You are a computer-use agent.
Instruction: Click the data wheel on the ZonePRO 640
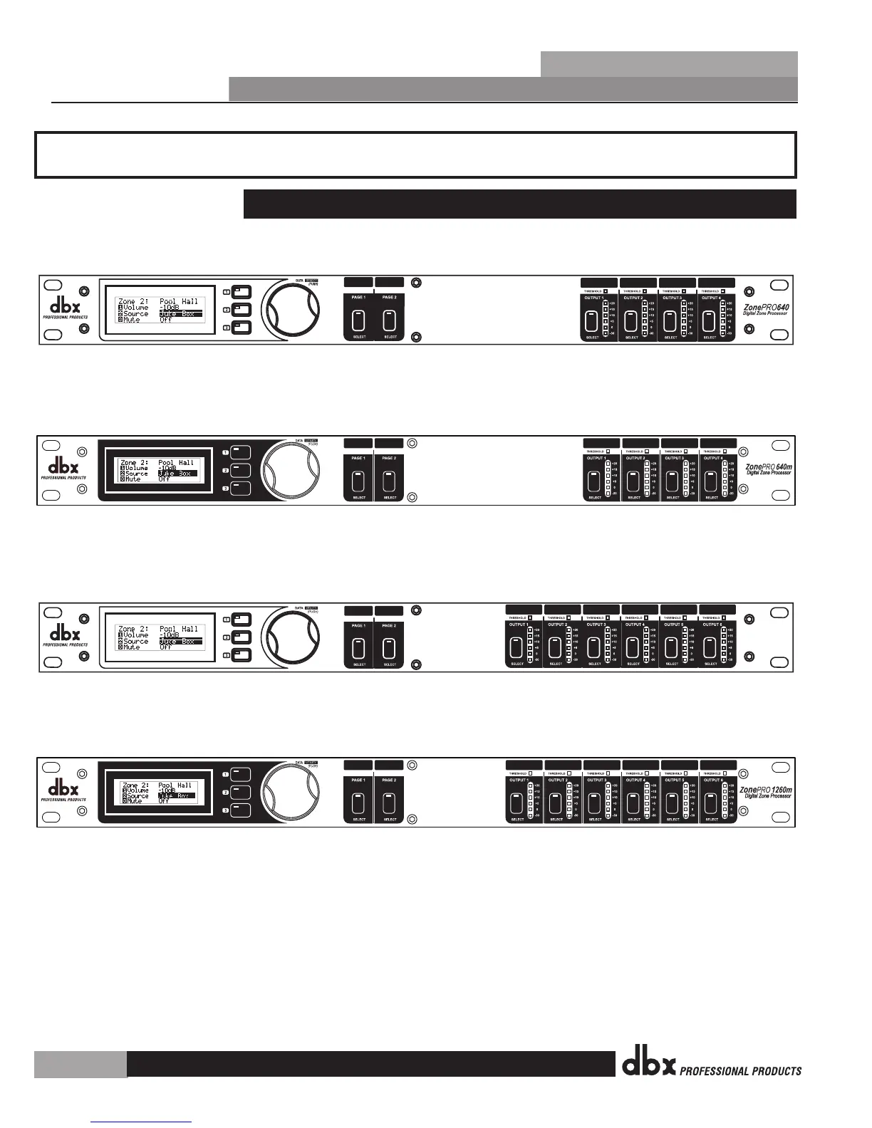coord(291,309)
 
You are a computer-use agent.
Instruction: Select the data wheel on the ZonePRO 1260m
coord(291,792)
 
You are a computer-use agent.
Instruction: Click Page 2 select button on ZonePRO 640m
coord(389,481)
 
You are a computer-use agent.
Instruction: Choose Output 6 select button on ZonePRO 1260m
coord(711,803)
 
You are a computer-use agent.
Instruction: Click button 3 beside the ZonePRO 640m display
coord(241,488)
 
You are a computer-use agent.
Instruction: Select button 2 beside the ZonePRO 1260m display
coord(241,792)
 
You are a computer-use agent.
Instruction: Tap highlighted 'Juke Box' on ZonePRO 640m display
coord(174,474)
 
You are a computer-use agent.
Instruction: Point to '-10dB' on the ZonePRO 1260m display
coord(167,790)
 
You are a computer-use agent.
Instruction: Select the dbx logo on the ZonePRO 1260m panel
coord(63,788)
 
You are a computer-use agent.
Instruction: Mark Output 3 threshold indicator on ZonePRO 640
coord(684,291)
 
